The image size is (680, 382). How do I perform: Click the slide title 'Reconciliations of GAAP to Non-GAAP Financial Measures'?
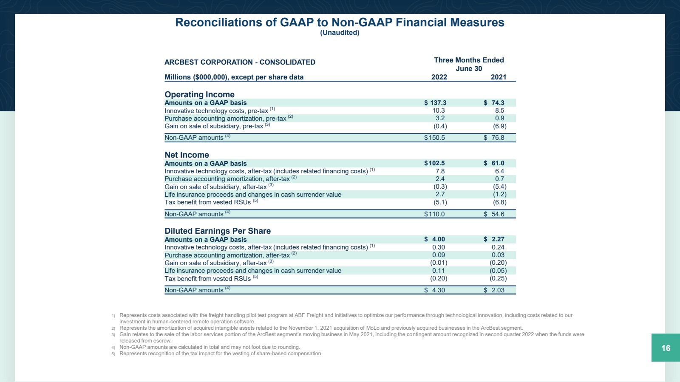(340, 23)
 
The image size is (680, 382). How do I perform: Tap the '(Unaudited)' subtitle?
(340, 33)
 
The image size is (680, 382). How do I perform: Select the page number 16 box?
(666, 348)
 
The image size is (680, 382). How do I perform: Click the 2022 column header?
(439, 77)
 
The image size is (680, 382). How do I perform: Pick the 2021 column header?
(499, 77)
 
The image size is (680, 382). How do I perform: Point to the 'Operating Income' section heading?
(199, 94)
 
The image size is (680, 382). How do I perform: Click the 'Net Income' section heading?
(187, 155)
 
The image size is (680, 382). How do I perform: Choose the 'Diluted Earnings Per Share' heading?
(218, 231)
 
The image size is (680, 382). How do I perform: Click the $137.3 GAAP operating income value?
(435, 103)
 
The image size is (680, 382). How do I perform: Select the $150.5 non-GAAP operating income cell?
(434, 138)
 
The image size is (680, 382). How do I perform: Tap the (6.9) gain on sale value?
(499, 126)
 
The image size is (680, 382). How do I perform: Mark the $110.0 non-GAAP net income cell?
(434, 214)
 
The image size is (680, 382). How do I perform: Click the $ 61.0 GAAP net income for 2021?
(494, 163)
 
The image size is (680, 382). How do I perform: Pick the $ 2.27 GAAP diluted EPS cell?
(494, 239)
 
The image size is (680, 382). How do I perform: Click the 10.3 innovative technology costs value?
(439, 110)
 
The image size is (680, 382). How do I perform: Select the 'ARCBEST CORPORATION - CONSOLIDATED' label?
(240, 62)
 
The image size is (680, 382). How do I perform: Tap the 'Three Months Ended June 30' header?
(469, 64)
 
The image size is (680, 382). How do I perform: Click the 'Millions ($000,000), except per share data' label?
(234, 77)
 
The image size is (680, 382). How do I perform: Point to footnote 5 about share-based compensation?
(221, 354)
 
